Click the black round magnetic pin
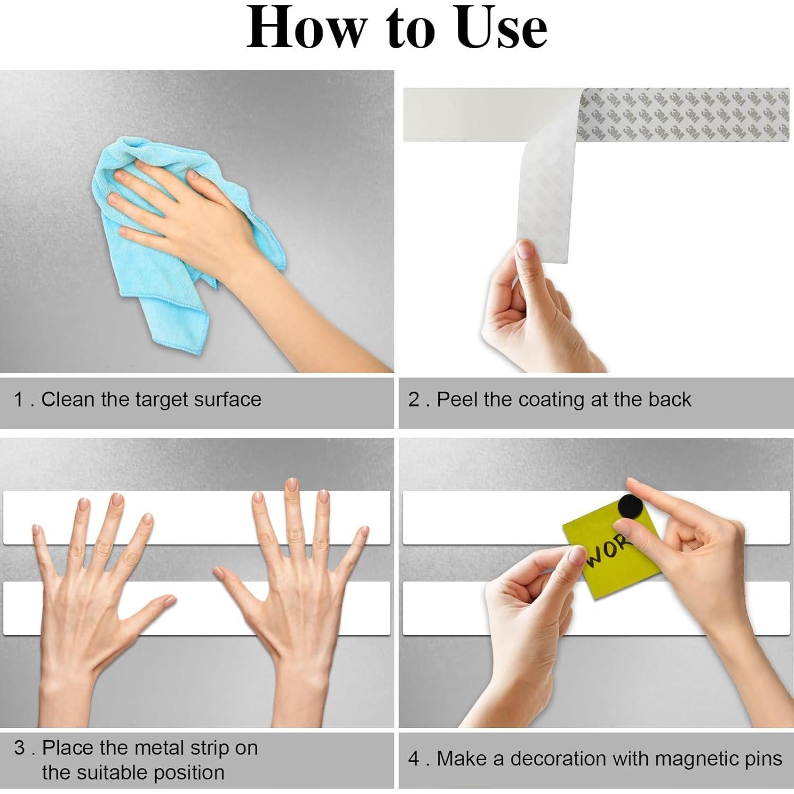click(630, 507)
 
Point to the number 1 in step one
click(19, 400)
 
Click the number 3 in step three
click(20, 747)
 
